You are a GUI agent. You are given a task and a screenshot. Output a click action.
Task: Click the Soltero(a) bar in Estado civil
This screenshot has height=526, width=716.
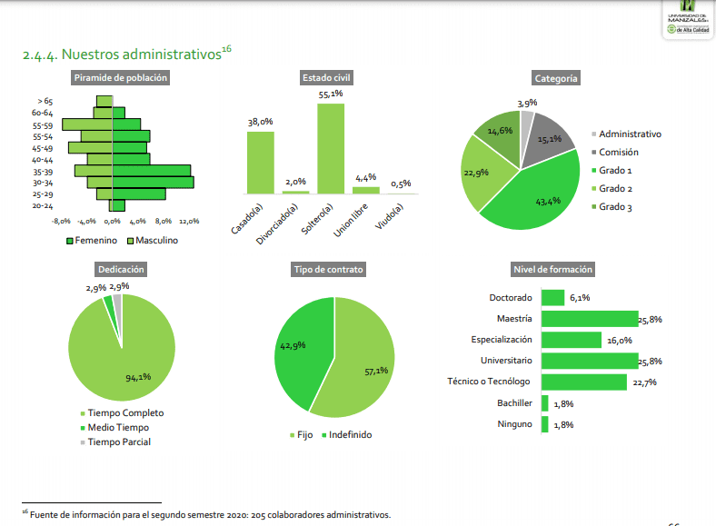pyautogui.click(x=331, y=147)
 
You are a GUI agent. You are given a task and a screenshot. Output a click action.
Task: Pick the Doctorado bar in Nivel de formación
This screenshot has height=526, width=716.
pyautogui.click(x=552, y=298)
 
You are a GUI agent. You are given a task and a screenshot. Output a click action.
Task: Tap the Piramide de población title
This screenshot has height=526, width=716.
pyautogui.click(x=121, y=78)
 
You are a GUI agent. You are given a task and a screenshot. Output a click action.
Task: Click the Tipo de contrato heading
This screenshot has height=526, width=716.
pyautogui.click(x=328, y=270)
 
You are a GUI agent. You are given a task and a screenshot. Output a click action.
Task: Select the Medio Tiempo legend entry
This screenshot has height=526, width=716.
pyautogui.click(x=117, y=427)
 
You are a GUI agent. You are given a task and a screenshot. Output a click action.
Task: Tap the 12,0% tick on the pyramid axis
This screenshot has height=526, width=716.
pyautogui.click(x=189, y=221)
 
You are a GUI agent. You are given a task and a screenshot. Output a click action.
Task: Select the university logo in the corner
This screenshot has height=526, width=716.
pyautogui.click(x=688, y=21)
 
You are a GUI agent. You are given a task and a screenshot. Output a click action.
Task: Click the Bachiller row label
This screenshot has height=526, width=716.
pyautogui.click(x=514, y=403)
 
